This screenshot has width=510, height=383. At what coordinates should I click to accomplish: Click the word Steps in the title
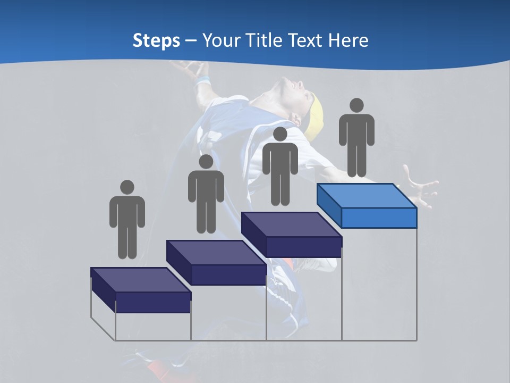pyautogui.click(x=156, y=40)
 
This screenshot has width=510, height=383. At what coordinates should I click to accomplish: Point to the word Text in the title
pyautogui.click(x=308, y=40)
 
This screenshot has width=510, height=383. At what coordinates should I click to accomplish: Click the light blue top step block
pyautogui.click(x=367, y=205)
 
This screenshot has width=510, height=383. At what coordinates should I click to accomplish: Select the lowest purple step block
pyautogui.click(x=141, y=290)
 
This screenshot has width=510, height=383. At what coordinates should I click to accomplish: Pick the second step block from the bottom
pyautogui.click(x=217, y=262)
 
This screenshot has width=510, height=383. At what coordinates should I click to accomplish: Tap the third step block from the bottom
pyautogui.click(x=292, y=234)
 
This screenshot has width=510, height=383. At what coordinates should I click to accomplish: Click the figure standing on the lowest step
pyautogui.click(x=127, y=219)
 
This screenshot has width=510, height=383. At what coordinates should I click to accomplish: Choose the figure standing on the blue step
pyautogui.click(x=356, y=137)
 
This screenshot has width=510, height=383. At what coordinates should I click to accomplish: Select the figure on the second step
pyautogui.click(x=206, y=194)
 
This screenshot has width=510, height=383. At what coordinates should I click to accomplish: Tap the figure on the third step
pyautogui.click(x=280, y=166)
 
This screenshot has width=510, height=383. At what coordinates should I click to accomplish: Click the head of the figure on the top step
pyautogui.click(x=356, y=105)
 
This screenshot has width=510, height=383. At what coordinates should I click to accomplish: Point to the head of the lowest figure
pyautogui.click(x=127, y=187)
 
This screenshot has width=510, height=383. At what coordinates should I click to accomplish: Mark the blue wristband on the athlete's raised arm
pyautogui.click(x=202, y=81)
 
